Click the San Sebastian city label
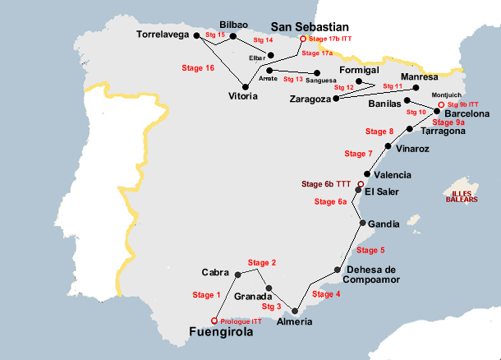pos(310,26)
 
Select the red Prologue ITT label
pos(241,321)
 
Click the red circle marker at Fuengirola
pos(214,320)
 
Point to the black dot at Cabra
pos(237,274)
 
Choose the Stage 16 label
pos(198,68)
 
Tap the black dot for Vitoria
pos(245,86)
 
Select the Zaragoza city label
pos(310,99)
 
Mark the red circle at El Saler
pos(361,183)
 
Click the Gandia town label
pos(384,224)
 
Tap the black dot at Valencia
pos(366,174)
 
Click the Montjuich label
pos(446,95)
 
